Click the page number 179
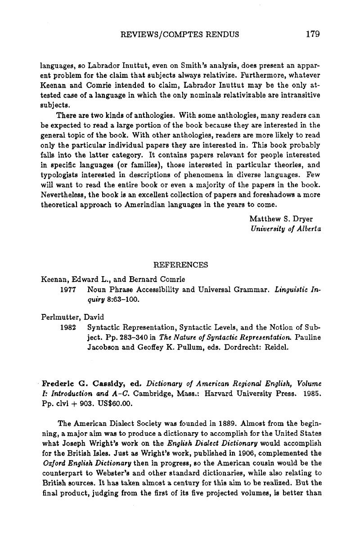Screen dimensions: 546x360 tap(312, 34)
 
